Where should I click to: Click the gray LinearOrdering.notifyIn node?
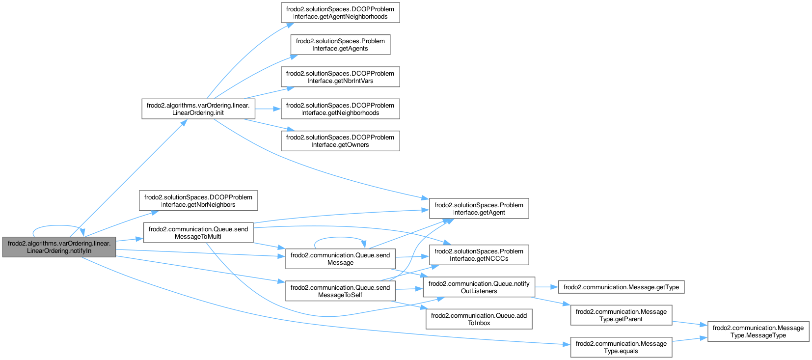(x=59, y=247)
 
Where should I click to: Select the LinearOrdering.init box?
(x=198, y=109)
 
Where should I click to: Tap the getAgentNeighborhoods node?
(x=340, y=13)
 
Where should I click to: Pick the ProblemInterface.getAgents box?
(x=340, y=45)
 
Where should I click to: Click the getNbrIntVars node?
(x=340, y=77)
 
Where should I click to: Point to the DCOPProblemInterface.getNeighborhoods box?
(x=340, y=109)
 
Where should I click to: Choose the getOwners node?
(x=340, y=141)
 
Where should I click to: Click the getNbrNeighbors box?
(x=198, y=201)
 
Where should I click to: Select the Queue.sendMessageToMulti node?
(x=198, y=233)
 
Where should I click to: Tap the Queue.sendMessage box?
(x=340, y=259)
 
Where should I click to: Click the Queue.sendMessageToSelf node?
(x=340, y=291)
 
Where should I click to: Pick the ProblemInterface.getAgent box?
(x=479, y=209)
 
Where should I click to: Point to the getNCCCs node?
(x=479, y=255)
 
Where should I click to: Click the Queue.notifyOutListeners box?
(x=479, y=287)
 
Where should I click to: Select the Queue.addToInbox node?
(x=479, y=319)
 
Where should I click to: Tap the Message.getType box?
(x=621, y=287)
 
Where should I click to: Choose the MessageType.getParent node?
(x=621, y=315)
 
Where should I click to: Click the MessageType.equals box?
(x=621, y=347)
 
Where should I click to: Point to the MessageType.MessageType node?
(x=758, y=332)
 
